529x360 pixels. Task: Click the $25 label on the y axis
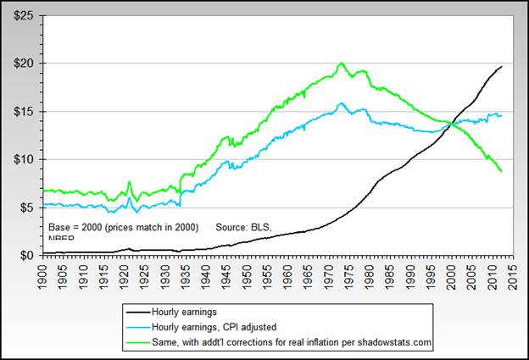tap(21, 16)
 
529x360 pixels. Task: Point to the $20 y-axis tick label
tap(21, 64)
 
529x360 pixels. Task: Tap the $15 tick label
tap(21, 112)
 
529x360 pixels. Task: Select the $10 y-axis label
tap(21, 159)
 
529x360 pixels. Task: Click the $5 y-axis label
tap(24, 208)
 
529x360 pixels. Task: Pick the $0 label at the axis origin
tap(24, 255)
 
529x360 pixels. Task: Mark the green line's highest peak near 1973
tap(341, 64)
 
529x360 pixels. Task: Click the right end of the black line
tap(502, 66)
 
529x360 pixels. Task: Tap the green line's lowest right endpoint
tap(502, 172)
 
